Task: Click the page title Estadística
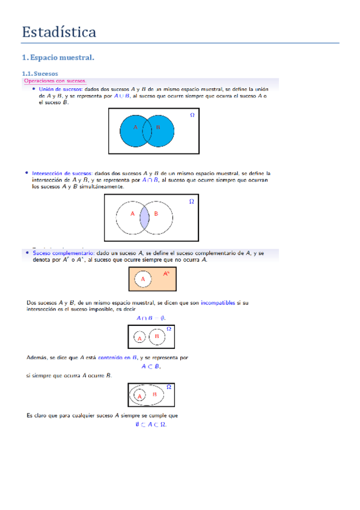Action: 59,32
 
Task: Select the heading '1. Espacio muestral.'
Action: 58,58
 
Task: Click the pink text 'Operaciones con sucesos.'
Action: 55,81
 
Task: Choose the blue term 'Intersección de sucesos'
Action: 63,173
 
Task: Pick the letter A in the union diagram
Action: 135,127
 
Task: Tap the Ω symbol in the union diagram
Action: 192,114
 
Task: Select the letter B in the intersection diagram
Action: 156,214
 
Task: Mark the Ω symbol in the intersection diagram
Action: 191,201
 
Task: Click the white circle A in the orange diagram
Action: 143,279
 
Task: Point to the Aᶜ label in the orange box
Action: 166,274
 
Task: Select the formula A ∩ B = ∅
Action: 151,318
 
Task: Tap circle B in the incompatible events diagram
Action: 157,337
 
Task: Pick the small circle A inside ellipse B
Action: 139,396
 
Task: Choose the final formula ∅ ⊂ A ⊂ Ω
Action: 151,424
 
